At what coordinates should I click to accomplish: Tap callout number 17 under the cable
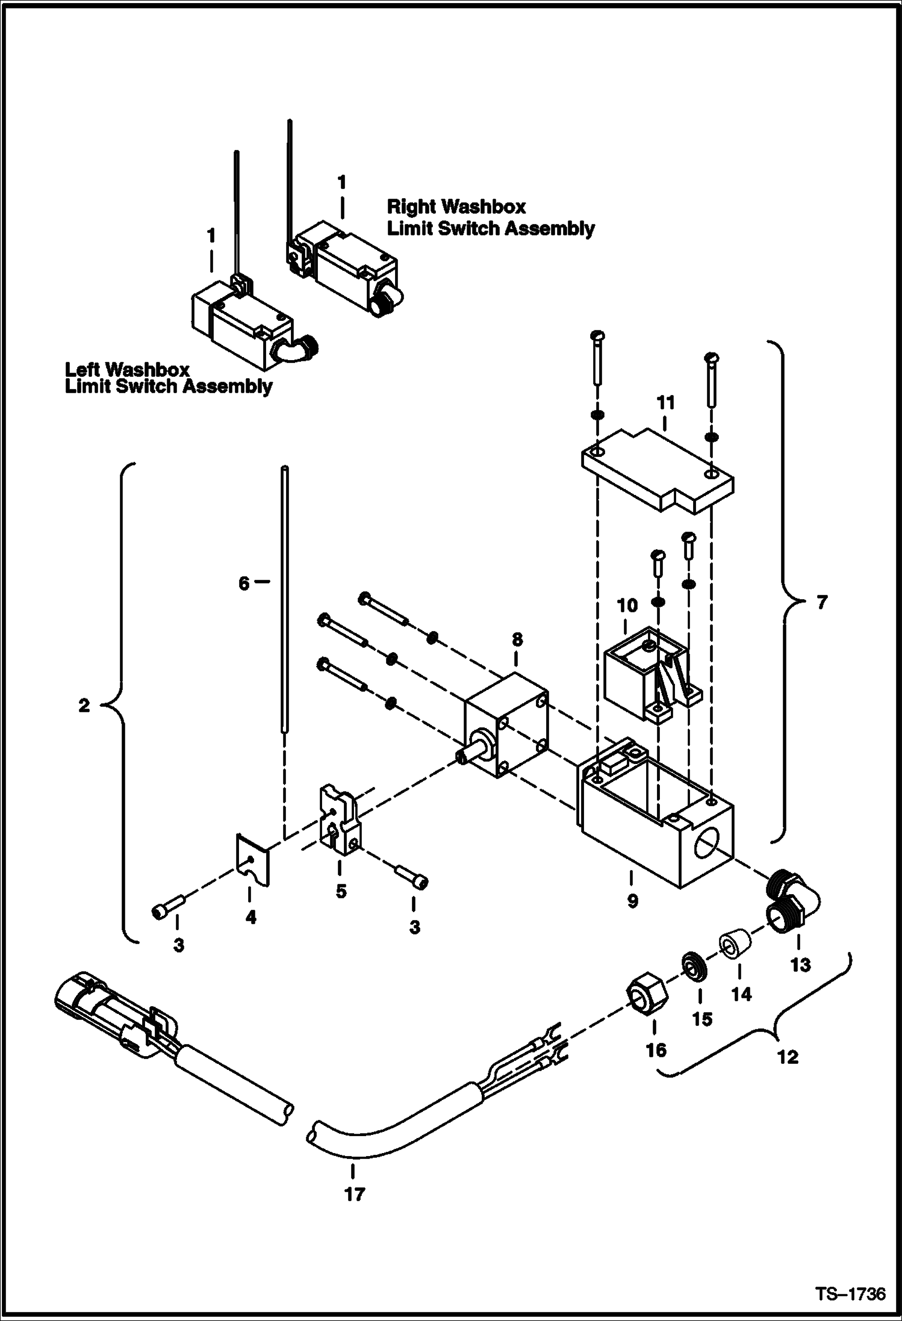[x=354, y=1193]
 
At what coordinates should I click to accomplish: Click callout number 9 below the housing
[x=632, y=901]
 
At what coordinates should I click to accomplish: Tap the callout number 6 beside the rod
[x=243, y=583]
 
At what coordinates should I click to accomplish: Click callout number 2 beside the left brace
[x=84, y=705]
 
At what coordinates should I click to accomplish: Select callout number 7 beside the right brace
[x=822, y=601]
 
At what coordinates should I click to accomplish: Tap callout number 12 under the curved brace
[x=788, y=1057]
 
